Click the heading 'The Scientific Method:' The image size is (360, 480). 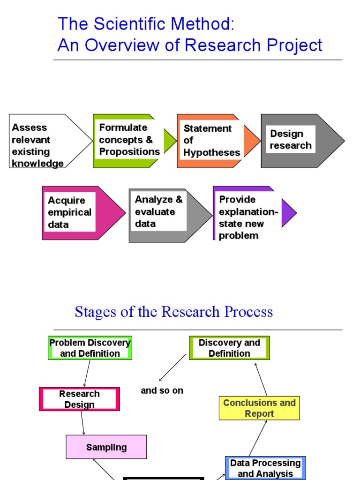[x=145, y=23]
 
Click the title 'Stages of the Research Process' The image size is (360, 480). [x=173, y=312]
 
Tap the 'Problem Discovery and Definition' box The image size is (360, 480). [x=90, y=348]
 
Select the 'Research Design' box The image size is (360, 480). [x=79, y=399]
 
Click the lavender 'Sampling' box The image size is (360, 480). [x=106, y=447]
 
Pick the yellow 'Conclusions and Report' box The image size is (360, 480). [x=259, y=408]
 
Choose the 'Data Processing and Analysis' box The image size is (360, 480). [x=265, y=468]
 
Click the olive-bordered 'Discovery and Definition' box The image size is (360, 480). [x=229, y=348]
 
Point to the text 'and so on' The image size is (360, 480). [x=162, y=390]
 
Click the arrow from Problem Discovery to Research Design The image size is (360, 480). [x=86, y=374]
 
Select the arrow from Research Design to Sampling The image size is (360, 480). [x=82, y=423]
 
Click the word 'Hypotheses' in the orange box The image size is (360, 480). [x=212, y=153]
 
